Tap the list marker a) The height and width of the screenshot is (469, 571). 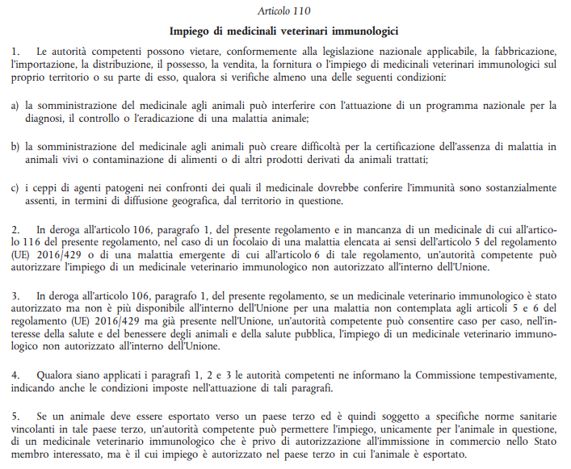15,106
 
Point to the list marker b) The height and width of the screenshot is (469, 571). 15,148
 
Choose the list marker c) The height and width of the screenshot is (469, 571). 15,188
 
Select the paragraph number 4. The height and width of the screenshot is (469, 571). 15,375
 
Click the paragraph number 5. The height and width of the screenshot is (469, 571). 15,416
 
